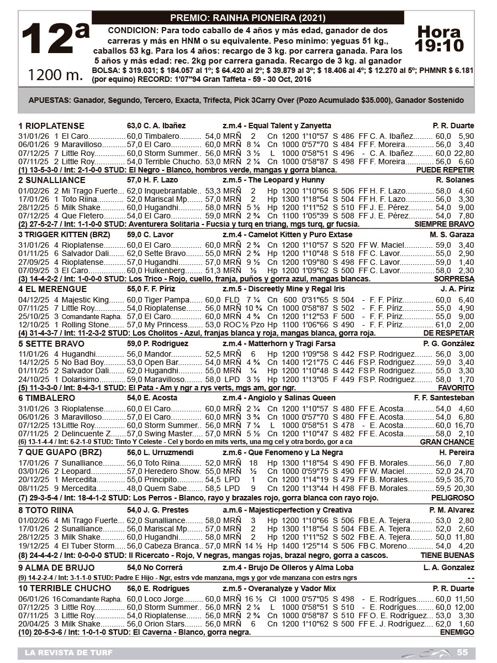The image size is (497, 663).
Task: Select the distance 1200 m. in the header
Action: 55,74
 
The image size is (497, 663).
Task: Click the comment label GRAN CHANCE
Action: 447,442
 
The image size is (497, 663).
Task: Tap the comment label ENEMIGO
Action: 458,631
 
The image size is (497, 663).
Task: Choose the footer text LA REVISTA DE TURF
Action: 68,653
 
